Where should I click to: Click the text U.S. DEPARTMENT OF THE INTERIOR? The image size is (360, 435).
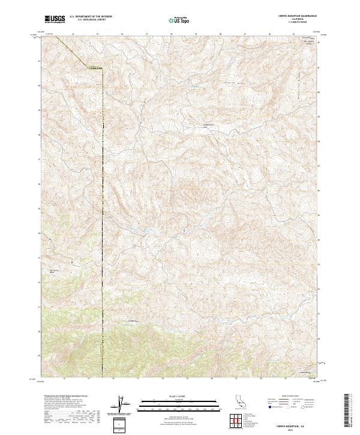[x=91, y=17]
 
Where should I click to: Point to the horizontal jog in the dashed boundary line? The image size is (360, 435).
[x=95, y=68]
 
